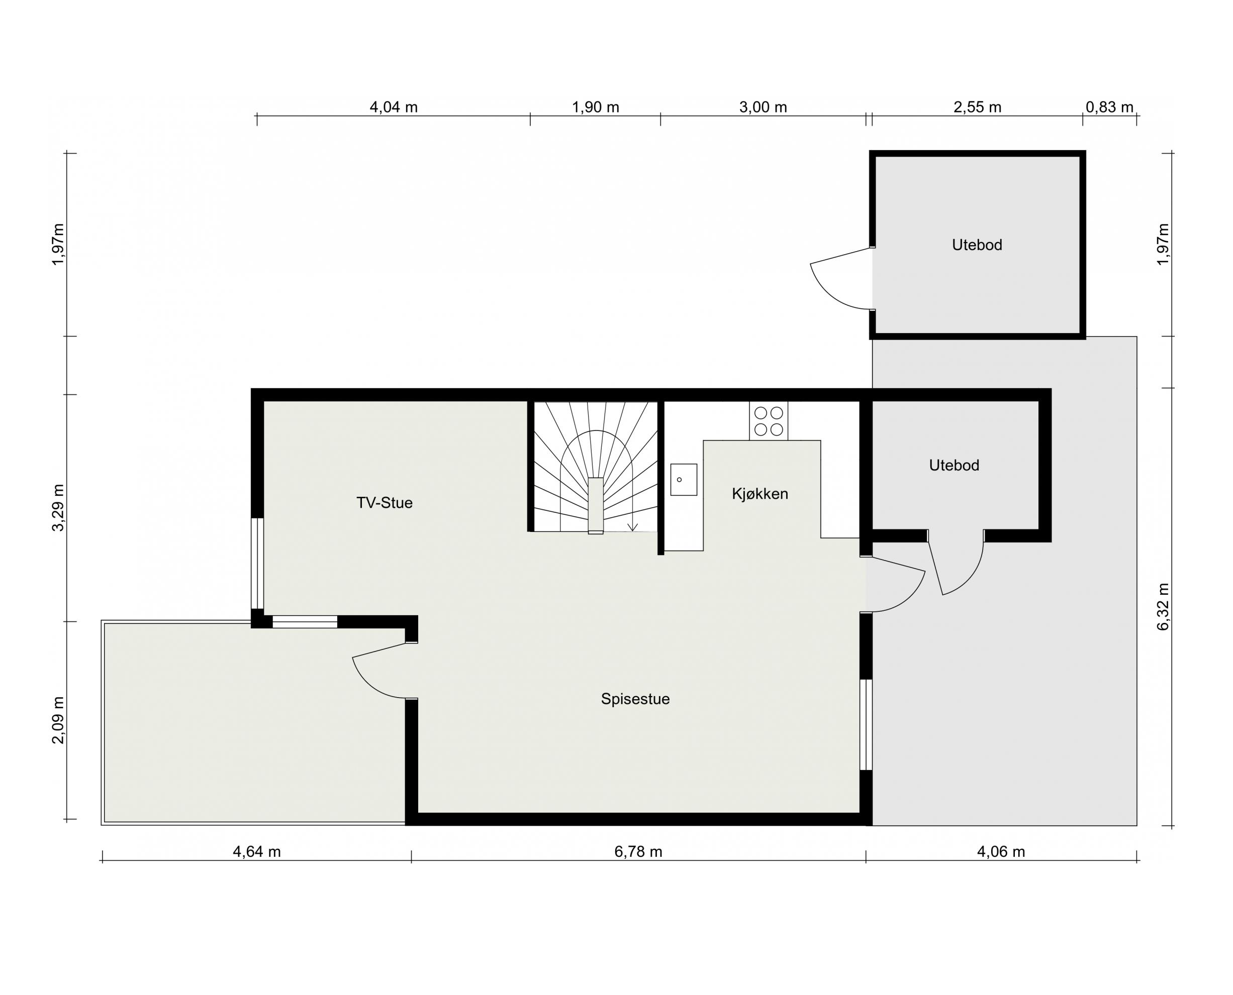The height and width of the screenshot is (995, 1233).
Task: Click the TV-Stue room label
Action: (x=384, y=503)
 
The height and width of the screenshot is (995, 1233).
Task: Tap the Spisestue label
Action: (x=635, y=699)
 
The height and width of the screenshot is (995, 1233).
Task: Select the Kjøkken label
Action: (x=760, y=494)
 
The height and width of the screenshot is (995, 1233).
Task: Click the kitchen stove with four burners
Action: (x=769, y=421)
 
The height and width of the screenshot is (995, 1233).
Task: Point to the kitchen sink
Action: (x=684, y=479)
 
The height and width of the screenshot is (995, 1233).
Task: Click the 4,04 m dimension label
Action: (x=394, y=107)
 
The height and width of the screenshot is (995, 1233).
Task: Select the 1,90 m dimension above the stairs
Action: (x=595, y=107)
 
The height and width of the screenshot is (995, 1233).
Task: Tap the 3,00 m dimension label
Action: (x=763, y=107)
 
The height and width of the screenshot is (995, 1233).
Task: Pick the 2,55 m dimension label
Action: (x=977, y=107)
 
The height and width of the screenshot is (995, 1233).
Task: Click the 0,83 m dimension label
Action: (x=1109, y=107)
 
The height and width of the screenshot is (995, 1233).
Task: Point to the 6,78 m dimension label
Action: (x=638, y=852)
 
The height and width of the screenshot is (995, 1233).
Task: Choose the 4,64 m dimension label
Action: (x=257, y=852)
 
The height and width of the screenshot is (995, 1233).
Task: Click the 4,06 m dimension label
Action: (x=1001, y=852)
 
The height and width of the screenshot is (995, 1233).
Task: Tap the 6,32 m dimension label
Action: (x=1163, y=607)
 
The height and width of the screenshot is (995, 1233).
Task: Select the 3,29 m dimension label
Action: (x=58, y=508)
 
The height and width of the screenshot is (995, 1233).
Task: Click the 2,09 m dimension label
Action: (x=58, y=720)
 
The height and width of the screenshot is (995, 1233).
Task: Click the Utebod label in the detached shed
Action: (x=977, y=245)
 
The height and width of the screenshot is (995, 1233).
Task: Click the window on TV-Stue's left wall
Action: (x=257, y=564)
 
